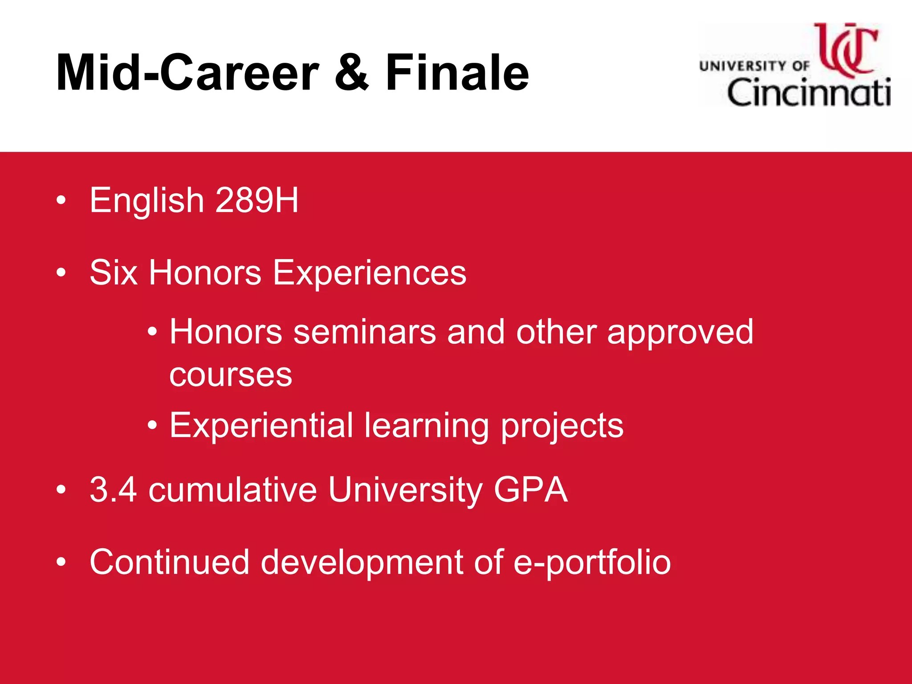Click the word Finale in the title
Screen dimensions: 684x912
point(457,73)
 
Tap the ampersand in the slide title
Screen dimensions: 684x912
point(351,73)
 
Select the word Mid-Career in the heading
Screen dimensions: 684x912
point(187,73)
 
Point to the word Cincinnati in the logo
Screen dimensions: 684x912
point(808,93)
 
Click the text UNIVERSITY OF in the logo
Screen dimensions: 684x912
point(754,66)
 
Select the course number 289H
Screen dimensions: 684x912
point(256,200)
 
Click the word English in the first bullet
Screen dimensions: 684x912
point(147,200)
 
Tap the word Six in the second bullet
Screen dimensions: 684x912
point(113,273)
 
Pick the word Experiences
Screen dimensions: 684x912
point(369,273)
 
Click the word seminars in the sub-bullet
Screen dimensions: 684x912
point(364,332)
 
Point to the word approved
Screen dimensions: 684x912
point(680,332)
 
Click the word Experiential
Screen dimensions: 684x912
point(261,426)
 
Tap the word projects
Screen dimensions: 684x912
point(562,426)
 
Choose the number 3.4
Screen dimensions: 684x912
point(113,490)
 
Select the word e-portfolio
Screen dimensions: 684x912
point(592,562)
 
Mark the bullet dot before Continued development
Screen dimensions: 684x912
point(61,562)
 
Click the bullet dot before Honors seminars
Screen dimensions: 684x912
point(152,332)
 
